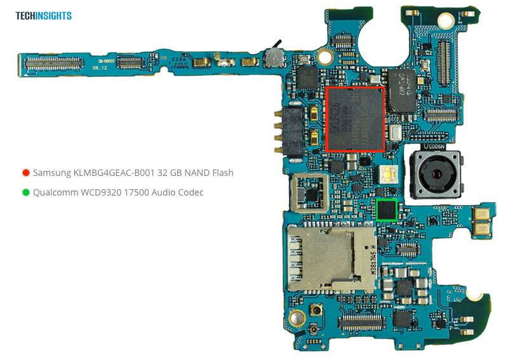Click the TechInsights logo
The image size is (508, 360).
(44, 16)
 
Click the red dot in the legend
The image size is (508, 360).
(26, 173)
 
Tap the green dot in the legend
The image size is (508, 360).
(26, 192)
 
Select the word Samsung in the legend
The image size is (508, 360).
(51, 173)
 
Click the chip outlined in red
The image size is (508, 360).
(355, 119)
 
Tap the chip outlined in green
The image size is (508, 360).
(386, 210)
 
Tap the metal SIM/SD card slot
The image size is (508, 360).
(330, 258)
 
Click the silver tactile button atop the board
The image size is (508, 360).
(274, 58)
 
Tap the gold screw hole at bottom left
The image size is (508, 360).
(295, 319)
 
